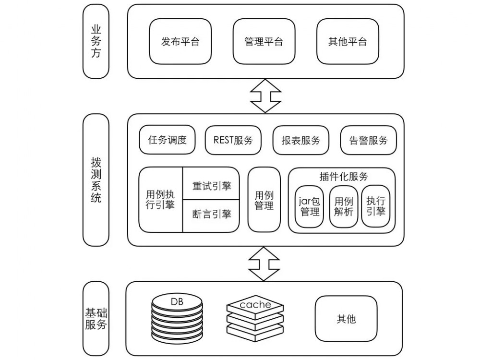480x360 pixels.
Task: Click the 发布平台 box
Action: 180,41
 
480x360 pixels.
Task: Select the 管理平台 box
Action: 264,41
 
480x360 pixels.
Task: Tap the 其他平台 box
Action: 347,41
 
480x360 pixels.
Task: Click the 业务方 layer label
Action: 96,41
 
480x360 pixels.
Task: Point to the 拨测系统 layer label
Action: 96,180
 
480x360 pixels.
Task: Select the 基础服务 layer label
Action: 96,318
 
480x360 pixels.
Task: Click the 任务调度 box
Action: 167,140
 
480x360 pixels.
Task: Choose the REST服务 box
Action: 233,140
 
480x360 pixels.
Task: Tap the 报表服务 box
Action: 301,140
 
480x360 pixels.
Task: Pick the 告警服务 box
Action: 369,140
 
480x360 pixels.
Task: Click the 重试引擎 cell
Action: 211,186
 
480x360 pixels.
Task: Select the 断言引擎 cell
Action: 211,214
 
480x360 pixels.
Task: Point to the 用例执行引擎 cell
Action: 160,200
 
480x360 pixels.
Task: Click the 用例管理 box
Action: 264,200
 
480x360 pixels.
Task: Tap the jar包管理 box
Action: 310,206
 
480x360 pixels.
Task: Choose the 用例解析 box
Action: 343,206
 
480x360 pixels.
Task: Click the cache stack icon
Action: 255,317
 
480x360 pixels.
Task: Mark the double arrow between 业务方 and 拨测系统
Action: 265,96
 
